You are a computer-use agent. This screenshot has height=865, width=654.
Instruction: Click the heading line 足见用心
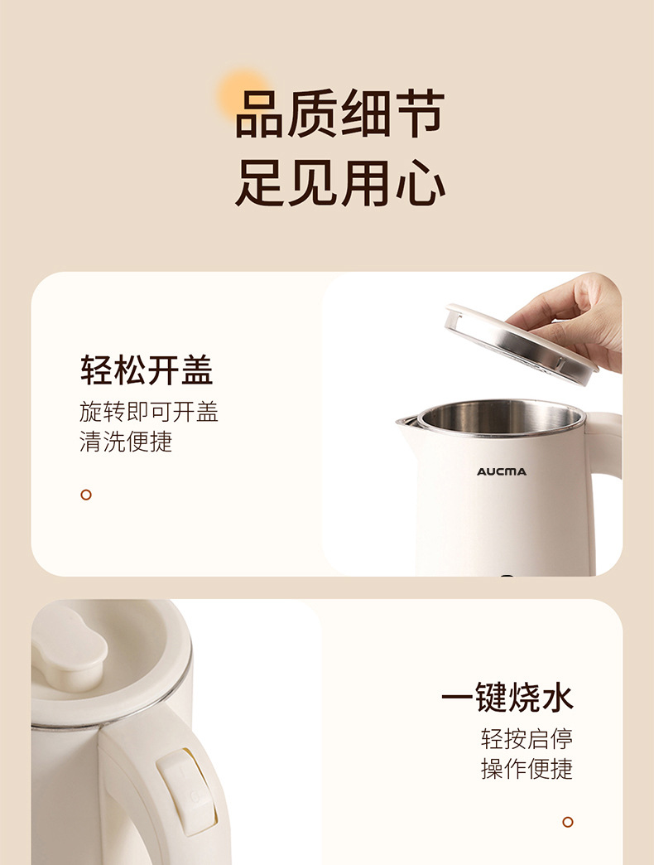coord(339,183)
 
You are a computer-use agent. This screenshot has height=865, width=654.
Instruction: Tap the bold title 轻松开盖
coord(147,370)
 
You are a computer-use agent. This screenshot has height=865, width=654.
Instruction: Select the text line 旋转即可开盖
coord(149,412)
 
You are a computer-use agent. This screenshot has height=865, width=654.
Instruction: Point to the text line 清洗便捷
coord(126,441)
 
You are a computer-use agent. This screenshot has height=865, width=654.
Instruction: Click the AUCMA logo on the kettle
coord(501,471)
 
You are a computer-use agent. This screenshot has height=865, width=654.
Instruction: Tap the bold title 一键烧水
coord(507,698)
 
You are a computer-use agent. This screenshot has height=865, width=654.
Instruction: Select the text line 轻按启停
coord(527,738)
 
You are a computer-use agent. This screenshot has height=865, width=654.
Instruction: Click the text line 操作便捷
coord(527,768)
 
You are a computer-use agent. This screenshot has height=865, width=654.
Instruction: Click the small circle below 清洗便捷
coord(86,495)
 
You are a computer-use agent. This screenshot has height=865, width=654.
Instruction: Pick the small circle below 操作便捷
coord(568,822)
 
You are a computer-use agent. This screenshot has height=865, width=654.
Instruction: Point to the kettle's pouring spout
coord(406,423)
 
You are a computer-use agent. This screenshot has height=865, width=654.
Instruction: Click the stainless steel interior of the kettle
coord(501,418)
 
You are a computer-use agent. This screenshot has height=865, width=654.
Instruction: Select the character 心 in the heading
coord(420,183)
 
